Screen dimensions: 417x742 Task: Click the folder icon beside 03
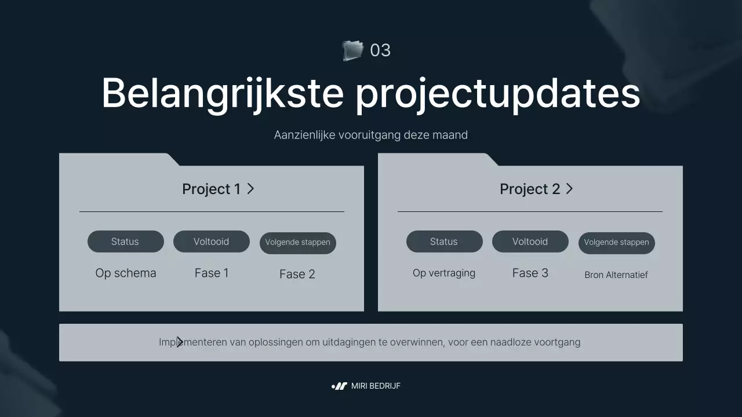(352, 50)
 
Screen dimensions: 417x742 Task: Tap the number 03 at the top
(380, 50)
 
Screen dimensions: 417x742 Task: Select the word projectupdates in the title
(497, 94)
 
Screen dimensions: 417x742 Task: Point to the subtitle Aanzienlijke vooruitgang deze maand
(371, 135)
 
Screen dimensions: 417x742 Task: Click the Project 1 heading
(211, 189)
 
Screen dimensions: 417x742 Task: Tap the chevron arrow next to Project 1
(250, 188)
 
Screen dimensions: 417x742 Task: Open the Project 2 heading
(530, 189)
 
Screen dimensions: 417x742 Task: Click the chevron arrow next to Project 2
(569, 188)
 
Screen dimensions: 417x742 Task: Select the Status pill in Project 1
(125, 242)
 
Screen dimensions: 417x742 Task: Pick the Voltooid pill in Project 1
(211, 242)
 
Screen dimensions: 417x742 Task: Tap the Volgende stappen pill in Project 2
(616, 243)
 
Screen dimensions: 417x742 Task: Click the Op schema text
(126, 273)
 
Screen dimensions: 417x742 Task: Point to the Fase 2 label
(297, 275)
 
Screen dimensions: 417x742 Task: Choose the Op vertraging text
(444, 273)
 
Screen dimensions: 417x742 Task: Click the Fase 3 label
(530, 273)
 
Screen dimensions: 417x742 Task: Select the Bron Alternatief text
(616, 275)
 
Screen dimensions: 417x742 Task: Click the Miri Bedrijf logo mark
(339, 386)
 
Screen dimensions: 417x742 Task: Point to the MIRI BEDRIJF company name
(376, 386)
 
